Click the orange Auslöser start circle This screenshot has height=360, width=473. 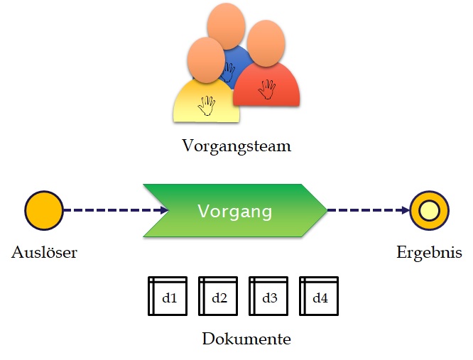44,211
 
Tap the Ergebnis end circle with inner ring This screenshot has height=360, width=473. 430,211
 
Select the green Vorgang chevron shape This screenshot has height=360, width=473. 234,211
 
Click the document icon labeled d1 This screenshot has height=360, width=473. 168,295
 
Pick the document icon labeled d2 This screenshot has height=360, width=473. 219,295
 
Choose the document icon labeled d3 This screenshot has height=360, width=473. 269,295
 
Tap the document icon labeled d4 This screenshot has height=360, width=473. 320,295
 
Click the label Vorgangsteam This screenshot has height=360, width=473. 236,147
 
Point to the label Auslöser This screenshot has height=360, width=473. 44,252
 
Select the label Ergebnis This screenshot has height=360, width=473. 430,252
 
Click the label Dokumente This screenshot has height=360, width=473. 246,339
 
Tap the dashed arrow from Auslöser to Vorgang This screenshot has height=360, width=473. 114,211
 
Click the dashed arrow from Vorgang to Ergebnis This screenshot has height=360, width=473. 368,211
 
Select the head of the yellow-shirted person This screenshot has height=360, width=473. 207,57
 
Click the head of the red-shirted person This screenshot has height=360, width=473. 267,43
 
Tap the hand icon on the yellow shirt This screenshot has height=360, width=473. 206,105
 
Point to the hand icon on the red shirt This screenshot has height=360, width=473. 267,89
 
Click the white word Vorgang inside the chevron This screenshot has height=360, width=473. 234,211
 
